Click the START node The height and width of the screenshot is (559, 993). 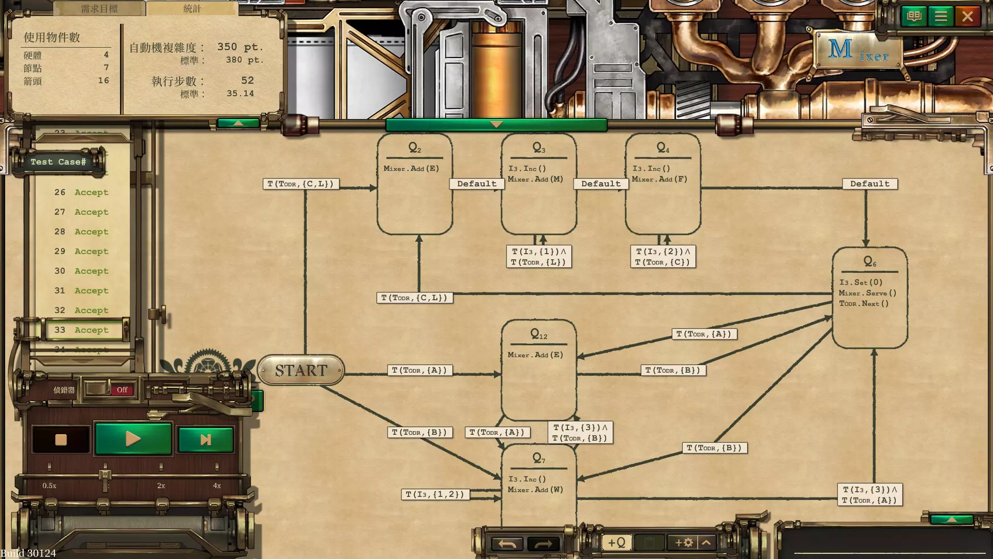tap(300, 370)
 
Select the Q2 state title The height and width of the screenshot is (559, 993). tap(415, 148)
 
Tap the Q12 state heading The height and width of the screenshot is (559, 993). tap(538, 335)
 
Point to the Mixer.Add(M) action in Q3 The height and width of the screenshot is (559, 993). tap(535, 179)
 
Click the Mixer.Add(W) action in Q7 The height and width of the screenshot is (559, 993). tap(535, 490)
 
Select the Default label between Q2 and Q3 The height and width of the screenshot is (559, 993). tap(476, 184)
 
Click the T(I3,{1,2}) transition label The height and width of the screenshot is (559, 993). tap(435, 494)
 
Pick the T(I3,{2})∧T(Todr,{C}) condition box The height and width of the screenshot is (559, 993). tap(663, 257)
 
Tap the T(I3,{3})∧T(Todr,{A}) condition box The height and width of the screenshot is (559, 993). tap(869, 495)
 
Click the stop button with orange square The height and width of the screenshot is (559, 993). tap(61, 439)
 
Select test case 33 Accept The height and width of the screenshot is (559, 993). tap(83, 330)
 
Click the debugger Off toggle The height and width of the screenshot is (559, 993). tap(122, 390)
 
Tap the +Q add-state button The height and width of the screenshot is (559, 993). tap(616, 542)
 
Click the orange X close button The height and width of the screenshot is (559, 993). tap(967, 17)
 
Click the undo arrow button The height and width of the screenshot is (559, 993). tap(507, 543)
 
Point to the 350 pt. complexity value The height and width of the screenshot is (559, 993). tap(240, 47)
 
